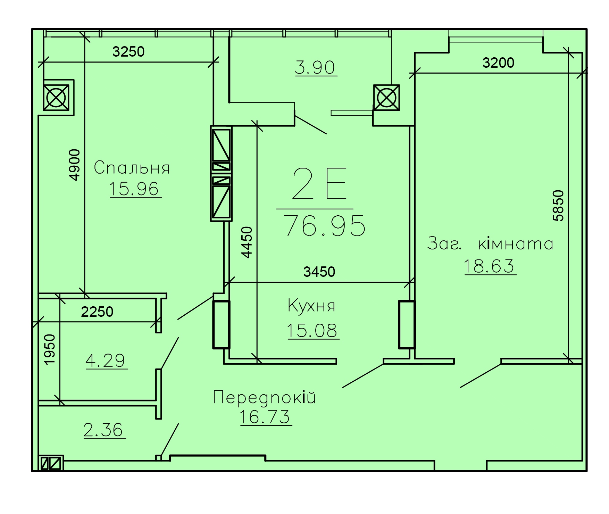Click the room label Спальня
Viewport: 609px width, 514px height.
(132, 168)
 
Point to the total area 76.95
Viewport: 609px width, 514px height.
(324, 225)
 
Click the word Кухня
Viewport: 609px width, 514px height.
(311, 306)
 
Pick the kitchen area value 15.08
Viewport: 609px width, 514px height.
(312, 330)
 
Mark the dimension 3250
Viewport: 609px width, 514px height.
(128, 52)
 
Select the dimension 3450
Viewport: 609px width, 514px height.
(319, 272)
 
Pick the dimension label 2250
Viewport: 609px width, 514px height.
(97, 312)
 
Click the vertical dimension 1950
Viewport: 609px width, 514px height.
(50, 349)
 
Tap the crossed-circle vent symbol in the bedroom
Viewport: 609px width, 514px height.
(56, 97)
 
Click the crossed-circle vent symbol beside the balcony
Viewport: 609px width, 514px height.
(386, 98)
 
